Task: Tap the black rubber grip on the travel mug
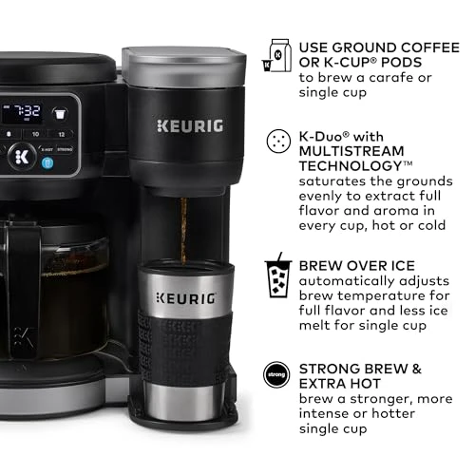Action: pyautogui.click(x=182, y=337)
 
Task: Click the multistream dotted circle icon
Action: pyautogui.click(x=276, y=141)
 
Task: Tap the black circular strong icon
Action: pyautogui.click(x=276, y=372)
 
